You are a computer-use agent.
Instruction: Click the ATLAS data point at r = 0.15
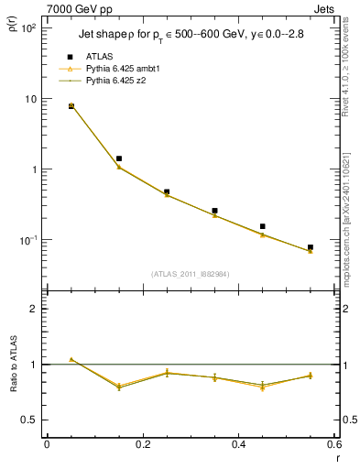pyautogui.click(x=119, y=158)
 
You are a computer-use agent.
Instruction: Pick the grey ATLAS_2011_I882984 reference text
pyautogui.click(x=191, y=274)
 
